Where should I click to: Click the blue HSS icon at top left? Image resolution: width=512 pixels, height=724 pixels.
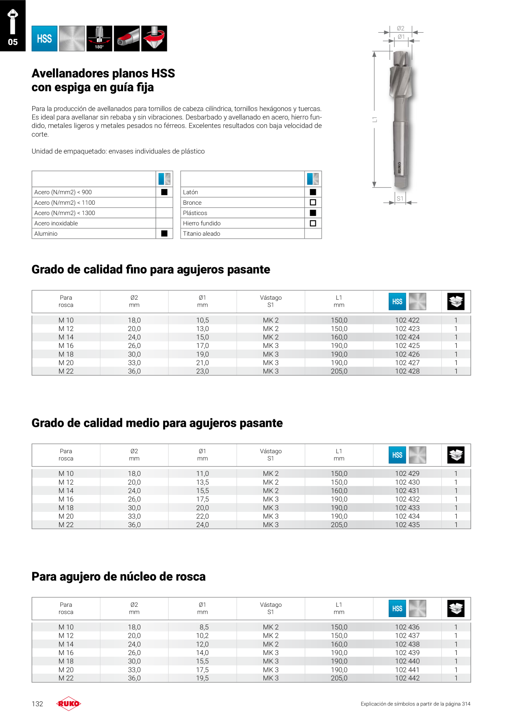[x=45, y=38]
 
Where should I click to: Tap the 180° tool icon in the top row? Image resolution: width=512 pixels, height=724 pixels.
[x=99, y=38]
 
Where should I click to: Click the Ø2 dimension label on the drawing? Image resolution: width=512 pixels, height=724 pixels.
[x=401, y=28]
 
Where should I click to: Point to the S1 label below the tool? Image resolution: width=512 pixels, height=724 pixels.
[x=400, y=199]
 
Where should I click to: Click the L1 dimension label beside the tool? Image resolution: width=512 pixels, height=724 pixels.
[x=375, y=119]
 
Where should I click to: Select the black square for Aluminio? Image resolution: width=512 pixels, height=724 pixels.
[x=164, y=234]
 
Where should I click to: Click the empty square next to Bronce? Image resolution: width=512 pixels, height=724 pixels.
[x=313, y=203]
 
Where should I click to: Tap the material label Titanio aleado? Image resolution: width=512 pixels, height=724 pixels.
[x=201, y=234]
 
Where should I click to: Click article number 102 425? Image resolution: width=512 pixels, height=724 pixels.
[x=407, y=346]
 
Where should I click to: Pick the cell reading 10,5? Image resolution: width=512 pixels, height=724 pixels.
[x=202, y=320]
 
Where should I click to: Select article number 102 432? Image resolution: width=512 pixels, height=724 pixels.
[x=407, y=499]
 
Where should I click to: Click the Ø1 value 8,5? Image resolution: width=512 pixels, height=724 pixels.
[x=204, y=627]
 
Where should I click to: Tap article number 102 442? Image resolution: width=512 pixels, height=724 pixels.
[x=407, y=678]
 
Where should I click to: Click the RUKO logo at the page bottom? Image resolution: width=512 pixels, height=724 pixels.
[x=69, y=704]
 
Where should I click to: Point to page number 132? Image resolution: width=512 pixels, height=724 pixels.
[x=37, y=704]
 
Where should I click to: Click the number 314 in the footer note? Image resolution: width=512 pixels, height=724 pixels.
[x=466, y=704]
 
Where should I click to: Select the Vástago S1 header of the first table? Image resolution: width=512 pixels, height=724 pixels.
[x=271, y=301]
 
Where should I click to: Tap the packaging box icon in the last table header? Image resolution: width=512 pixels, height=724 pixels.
[x=456, y=608]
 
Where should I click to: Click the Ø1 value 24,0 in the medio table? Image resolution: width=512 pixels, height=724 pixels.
[x=202, y=525]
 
